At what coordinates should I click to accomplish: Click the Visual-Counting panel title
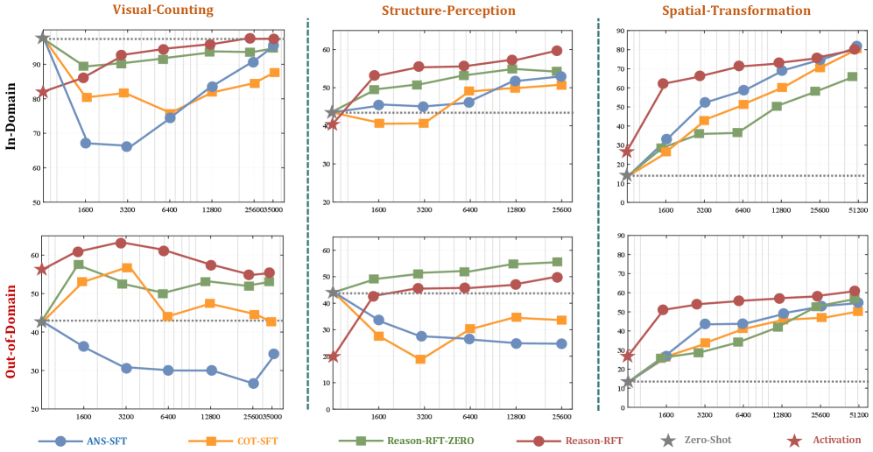tap(163, 11)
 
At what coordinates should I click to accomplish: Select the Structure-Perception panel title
tap(448, 11)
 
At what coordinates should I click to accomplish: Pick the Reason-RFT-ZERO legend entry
tap(420, 440)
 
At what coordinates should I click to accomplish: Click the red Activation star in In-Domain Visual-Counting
tap(43, 91)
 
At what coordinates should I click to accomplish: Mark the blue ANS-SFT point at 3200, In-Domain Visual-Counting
tap(127, 146)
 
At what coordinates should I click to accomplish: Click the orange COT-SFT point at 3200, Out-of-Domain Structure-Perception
tap(421, 359)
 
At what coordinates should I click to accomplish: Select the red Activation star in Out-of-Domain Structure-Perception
tap(333, 356)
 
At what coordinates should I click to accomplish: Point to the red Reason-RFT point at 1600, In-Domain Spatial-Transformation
tap(664, 83)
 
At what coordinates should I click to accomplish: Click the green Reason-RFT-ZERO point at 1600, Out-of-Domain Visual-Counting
tap(79, 265)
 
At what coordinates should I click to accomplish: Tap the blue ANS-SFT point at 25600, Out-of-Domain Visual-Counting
tap(253, 384)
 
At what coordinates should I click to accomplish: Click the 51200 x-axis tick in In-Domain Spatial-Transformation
tap(857, 211)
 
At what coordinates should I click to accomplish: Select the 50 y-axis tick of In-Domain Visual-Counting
tap(34, 202)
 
